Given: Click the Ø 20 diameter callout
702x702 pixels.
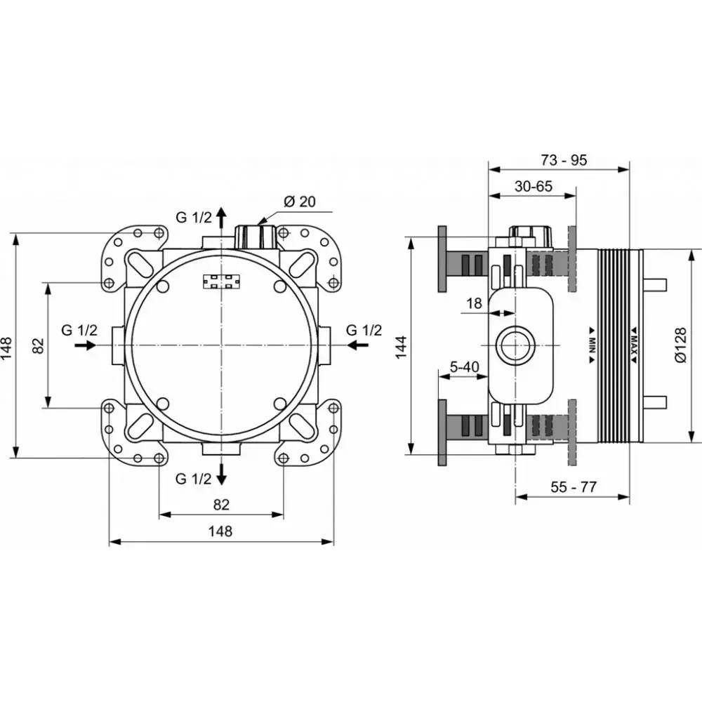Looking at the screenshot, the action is tap(300, 201).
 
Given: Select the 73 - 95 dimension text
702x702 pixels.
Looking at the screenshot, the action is tap(564, 160).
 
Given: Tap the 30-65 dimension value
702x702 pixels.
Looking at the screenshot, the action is tap(534, 186).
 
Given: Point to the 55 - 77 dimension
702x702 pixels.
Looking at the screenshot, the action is tap(574, 486).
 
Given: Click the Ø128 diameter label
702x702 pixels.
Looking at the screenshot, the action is tap(680, 345).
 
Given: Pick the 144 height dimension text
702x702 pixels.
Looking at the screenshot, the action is tap(401, 347).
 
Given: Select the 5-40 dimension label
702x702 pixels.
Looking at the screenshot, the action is tap(464, 367).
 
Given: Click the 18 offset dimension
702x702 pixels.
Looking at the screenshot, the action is tap(474, 303).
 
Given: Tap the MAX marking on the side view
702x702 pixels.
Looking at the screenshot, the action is tap(634, 345).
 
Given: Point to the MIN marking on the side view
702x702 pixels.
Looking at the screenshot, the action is tap(592, 345).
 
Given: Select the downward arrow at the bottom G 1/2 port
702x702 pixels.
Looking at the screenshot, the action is tap(221, 474).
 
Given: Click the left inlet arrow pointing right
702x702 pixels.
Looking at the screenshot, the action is tap(85, 345).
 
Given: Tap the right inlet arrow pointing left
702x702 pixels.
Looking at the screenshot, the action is tap(358, 345).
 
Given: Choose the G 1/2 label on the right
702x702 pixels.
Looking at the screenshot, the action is tap(364, 330).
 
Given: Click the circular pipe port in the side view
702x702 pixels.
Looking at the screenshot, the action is tap(516, 345).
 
